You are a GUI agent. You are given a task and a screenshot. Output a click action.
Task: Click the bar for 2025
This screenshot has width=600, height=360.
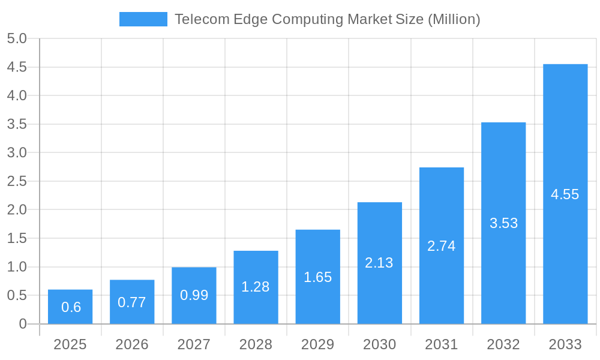coord(70,307)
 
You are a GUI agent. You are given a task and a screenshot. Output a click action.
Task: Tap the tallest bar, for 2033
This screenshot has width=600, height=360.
coord(565,194)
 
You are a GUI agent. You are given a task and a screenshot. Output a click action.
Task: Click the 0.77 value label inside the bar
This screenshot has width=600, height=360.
coord(132,302)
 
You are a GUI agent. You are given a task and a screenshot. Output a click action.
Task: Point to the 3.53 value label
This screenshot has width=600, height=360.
coord(503,223)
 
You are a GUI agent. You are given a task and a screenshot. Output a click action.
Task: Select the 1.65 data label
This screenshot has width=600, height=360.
coord(317,277)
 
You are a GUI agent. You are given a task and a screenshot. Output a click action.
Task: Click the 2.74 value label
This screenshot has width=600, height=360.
coord(441,246)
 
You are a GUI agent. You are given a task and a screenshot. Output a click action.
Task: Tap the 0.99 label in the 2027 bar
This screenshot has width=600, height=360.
coord(194,295)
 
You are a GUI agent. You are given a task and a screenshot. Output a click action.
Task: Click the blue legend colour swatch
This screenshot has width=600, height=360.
coord(143,19)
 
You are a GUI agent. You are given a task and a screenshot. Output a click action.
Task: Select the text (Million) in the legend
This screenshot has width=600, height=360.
coord(454,19)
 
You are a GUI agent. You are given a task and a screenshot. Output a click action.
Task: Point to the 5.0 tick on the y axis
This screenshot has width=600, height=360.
coord(17,39)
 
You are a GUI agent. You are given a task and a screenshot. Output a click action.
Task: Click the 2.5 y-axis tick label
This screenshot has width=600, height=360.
coord(17,181)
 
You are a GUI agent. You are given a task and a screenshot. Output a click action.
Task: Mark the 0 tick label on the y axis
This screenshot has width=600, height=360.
coord(23,324)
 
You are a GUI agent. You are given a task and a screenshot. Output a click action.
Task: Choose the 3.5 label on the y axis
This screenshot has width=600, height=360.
coord(17,124)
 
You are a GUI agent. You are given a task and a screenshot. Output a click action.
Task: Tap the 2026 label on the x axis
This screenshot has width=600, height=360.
coord(132,344)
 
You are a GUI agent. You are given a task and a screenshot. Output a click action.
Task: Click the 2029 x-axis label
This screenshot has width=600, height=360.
coord(317,344)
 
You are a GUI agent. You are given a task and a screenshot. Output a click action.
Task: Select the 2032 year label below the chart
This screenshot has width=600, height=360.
coord(503,344)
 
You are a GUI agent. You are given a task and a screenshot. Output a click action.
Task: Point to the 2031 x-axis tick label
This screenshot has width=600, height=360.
coord(441,344)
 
